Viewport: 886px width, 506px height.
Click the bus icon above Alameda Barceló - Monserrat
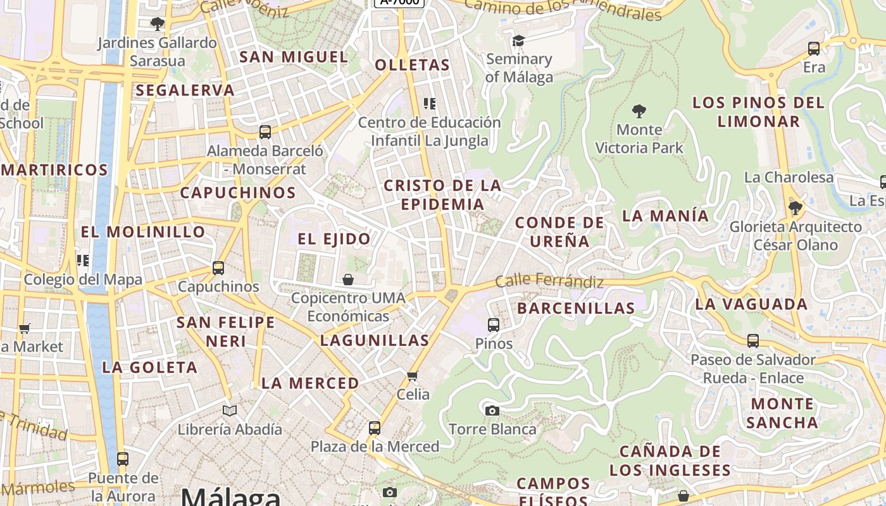[x=265, y=132]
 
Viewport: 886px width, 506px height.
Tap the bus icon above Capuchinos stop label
[x=218, y=268]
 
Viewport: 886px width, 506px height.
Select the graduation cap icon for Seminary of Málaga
[x=518, y=40]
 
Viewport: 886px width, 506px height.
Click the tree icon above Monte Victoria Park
[x=639, y=111]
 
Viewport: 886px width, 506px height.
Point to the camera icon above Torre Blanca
[x=492, y=410]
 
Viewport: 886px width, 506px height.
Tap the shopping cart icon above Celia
[x=413, y=376]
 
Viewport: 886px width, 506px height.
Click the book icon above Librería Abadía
[x=230, y=410]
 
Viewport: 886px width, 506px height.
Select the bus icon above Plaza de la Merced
[x=375, y=428]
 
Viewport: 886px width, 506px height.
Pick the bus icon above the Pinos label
[x=494, y=325]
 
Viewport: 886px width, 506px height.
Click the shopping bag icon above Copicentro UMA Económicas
[x=348, y=279]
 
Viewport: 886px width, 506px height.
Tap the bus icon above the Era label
[x=814, y=48]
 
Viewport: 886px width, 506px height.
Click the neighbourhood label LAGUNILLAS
[x=375, y=340]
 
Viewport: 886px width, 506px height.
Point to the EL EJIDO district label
[x=334, y=238]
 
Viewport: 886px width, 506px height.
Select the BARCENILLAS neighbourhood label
[x=576, y=308]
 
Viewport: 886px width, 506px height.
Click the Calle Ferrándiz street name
[x=549, y=280]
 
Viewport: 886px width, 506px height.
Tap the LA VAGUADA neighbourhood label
[x=751, y=304]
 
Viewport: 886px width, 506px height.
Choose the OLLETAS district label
[x=412, y=65]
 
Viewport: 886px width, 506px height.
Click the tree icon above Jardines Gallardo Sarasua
[x=158, y=24]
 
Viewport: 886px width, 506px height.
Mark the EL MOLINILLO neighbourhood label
[x=143, y=231]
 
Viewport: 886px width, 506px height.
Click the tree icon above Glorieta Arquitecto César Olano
[x=796, y=207]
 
